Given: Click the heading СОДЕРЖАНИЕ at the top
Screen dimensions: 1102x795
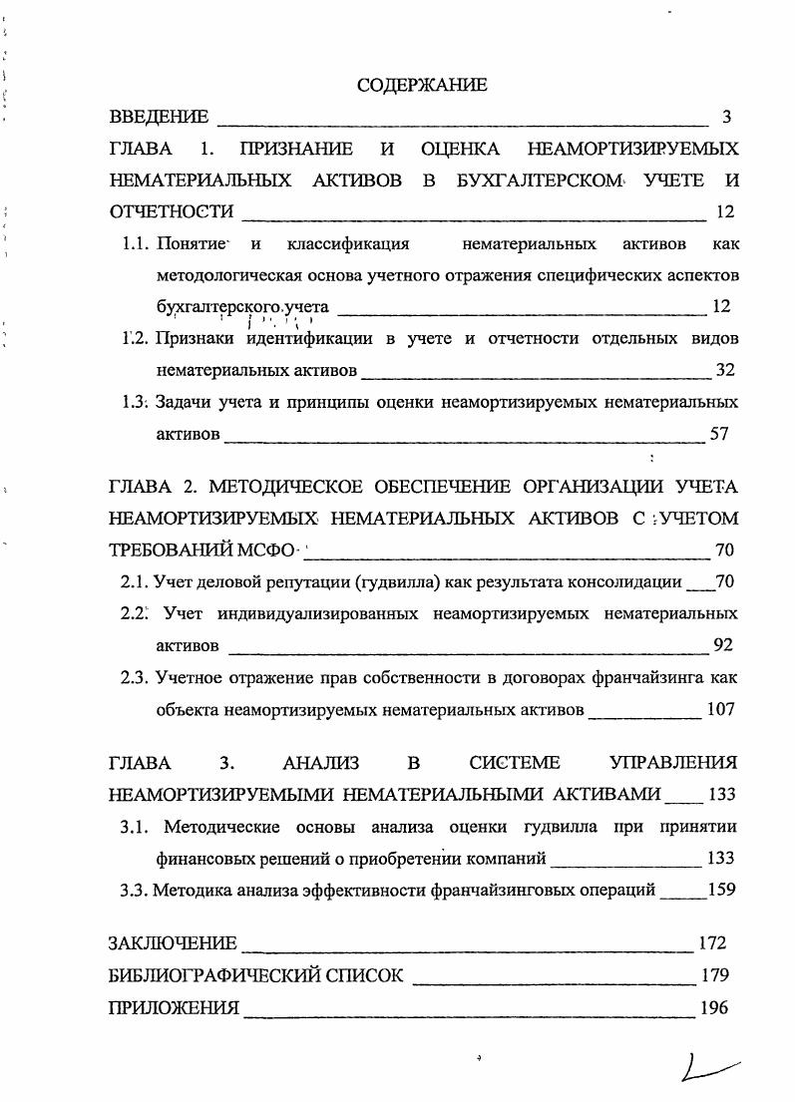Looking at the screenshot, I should pyautogui.click(x=422, y=86).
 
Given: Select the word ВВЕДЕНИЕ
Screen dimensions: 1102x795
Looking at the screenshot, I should pyautogui.click(x=159, y=118).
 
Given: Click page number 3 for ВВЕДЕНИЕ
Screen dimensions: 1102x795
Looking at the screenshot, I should pyautogui.click(x=727, y=118).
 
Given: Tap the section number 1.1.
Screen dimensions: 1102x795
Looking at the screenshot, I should pyautogui.click(x=135, y=244).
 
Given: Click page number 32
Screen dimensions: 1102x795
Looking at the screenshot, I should pyautogui.click(x=725, y=371).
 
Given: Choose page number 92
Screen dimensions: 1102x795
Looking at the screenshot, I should pyautogui.click(x=725, y=645).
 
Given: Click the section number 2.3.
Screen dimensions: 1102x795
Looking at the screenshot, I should pyautogui.click(x=135, y=677).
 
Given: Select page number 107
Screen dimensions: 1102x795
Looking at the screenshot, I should pyautogui.click(x=720, y=710).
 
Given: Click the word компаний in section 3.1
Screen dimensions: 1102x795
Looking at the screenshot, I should pyautogui.click(x=510, y=858).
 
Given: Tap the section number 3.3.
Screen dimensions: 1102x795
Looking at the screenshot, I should pyautogui.click(x=135, y=890).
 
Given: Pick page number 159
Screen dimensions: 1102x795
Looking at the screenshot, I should pyautogui.click(x=720, y=890).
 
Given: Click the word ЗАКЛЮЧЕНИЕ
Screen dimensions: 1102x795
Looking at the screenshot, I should pyautogui.click(x=172, y=943).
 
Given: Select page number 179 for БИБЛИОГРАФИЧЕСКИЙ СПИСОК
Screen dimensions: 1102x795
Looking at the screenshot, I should pyautogui.click(x=714, y=975).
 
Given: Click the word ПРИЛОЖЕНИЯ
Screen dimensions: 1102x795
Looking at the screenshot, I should pyautogui.click(x=174, y=1007).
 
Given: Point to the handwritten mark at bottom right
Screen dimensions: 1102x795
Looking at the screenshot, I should pyautogui.click(x=707, y=1070).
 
